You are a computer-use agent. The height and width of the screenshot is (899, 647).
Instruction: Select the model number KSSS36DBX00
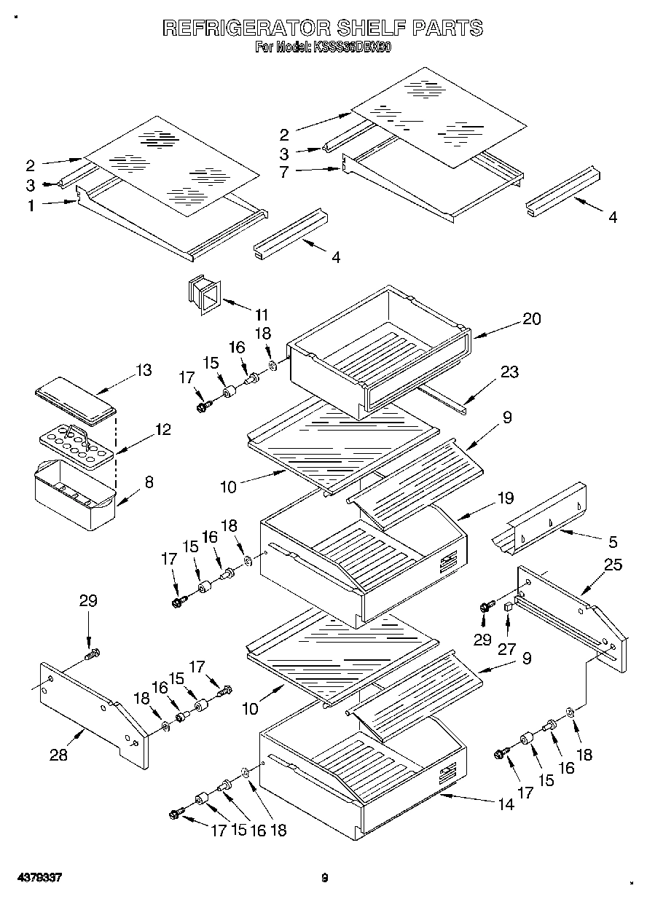(x=353, y=48)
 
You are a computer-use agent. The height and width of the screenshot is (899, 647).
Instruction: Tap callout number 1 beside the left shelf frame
(x=31, y=206)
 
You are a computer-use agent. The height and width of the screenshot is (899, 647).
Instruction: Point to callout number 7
(x=284, y=173)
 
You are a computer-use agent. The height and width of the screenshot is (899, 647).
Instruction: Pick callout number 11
(x=261, y=315)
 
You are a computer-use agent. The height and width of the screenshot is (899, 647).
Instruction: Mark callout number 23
(x=509, y=372)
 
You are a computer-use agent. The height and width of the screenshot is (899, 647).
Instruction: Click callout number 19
(x=505, y=498)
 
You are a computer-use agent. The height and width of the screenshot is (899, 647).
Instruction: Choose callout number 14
(x=505, y=804)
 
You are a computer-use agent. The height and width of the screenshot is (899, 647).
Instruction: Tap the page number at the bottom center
(x=325, y=879)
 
